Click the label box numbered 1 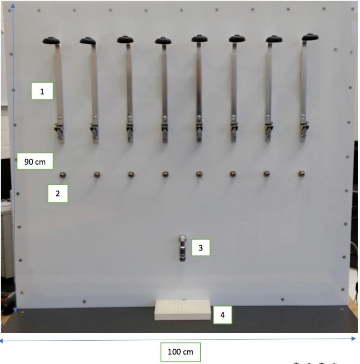click(x=42, y=91)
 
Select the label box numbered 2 click(x=58, y=193)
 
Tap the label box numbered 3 click(x=201, y=248)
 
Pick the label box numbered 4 click(x=223, y=315)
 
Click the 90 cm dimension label click(x=35, y=161)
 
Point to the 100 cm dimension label click(x=180, y=352)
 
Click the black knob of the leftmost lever click(x=51, y=40)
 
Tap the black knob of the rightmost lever click(x=310, y=37)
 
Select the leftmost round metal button click(x=63, y=175)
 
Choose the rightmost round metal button click(x=301, y=174)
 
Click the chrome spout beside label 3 click(x=183, y=248)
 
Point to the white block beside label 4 click(x=183, y=310)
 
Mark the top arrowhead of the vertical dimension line click(x=13, y=6)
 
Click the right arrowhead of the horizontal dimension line click(x=354, y=338)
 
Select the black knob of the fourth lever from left click(x=163, y=41)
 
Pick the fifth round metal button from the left click(x=199, y=174)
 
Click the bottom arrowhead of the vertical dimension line click(x=15, y=310)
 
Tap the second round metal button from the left click(x=97, y=175)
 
